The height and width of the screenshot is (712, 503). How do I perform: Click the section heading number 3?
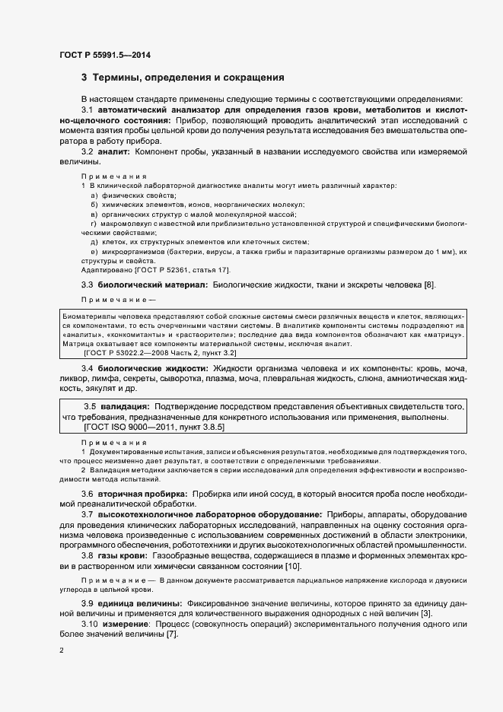point(84,78)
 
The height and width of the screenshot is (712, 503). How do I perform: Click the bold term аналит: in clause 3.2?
point(115,152)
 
